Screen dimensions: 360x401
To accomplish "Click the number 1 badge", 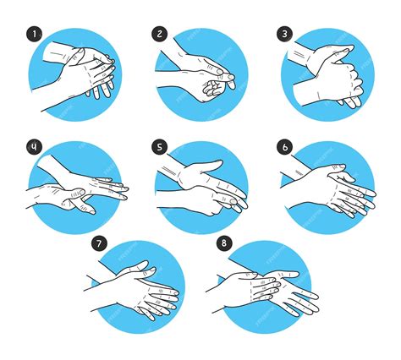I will coord(34,35).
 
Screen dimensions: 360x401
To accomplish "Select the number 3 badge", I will coord(285,35).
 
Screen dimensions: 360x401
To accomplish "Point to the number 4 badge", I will coord(34,146).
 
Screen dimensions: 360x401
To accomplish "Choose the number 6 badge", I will coord(285,146).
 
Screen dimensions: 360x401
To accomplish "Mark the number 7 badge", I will coord(100,244).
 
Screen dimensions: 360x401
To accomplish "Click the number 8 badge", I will coord(224,244).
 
